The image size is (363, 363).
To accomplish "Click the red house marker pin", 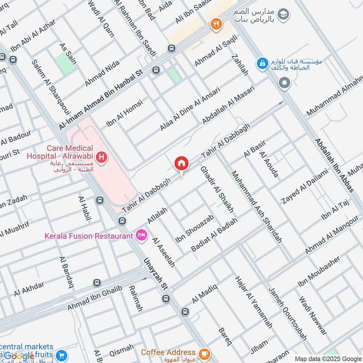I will [181, 163].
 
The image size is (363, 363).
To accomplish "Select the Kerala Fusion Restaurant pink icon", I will [141, 235].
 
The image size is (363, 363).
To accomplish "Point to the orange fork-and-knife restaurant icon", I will [216, 25].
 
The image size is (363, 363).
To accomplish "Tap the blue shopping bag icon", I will [262, 64].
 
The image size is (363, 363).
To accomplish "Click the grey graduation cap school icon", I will [284, 14].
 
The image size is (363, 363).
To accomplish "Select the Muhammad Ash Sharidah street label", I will [256, 206].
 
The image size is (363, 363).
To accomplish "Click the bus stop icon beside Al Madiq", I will [185, 312].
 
